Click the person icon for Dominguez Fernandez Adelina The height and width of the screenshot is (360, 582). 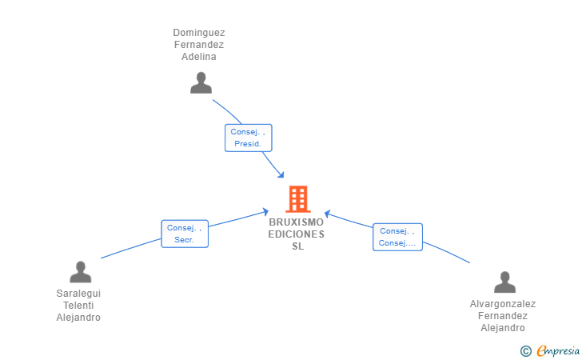pos(201,83)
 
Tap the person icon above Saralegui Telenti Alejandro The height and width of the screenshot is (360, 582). pos(80,272)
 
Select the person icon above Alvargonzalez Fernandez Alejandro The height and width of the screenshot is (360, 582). pos(504,282)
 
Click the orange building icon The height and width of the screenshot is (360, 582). pos(298,199)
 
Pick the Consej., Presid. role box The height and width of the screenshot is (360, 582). pos(249,138)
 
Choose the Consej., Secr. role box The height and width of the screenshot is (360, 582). pos(185,234)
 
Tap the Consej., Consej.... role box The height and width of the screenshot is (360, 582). pos(397,237)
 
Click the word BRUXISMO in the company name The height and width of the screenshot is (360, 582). pos(296,222)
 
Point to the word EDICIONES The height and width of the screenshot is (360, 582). pos(296,234)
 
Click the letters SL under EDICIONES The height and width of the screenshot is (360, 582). pos(297,246)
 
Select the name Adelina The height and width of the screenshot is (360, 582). pos(199,57)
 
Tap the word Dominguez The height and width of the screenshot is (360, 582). pos(199,33)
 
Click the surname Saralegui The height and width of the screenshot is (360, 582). pos(78,294)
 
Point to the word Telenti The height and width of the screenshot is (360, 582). pos(78,306)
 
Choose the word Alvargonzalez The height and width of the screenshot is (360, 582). pos(503,304)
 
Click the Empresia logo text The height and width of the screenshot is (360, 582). pos(558,350)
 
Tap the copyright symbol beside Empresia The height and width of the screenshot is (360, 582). pos(526,351)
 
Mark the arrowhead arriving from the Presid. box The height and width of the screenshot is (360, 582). pos(281,174)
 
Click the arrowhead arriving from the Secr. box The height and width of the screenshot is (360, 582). pos(265,212)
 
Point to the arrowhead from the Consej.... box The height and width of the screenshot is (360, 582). pos(328,214)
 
